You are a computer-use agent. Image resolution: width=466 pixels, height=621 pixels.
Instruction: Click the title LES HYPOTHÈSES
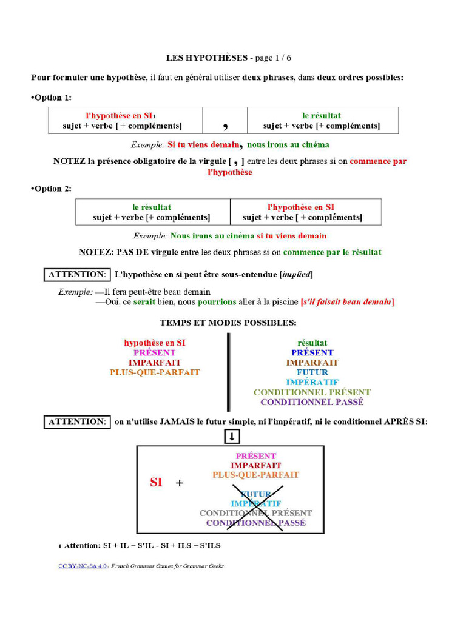pos(207,58)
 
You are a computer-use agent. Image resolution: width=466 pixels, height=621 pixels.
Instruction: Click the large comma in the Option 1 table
pos(225,126)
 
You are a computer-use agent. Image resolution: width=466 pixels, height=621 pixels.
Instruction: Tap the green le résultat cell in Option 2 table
pos(152,207)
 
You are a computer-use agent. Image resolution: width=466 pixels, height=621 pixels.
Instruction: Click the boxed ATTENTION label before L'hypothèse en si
pos(77,275)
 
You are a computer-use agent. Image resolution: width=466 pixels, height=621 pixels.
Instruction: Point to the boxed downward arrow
pos(233,437)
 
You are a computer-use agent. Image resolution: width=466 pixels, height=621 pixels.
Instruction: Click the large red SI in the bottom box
pos(156,483)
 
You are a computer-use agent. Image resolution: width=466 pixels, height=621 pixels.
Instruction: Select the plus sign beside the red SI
pos(179,483)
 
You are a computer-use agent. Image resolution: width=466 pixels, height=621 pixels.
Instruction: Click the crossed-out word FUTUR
pos(255,494)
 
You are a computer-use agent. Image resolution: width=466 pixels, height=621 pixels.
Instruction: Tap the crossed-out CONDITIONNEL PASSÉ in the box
pos(255,523)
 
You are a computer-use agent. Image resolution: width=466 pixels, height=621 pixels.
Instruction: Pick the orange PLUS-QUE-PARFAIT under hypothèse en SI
pos(155,372)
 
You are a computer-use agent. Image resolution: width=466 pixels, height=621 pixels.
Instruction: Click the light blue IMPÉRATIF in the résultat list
pos(312,382)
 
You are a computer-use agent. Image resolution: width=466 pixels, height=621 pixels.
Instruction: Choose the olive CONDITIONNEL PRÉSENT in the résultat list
pos(312,392)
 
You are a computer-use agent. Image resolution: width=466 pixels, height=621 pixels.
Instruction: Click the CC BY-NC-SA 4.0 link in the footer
pos(83,566)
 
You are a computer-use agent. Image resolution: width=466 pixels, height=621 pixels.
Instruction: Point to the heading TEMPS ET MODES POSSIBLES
pos(228,323)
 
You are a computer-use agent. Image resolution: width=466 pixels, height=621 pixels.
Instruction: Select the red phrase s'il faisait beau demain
pos(347,301)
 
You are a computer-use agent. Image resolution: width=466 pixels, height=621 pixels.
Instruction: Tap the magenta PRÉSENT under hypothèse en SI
pos(155,352)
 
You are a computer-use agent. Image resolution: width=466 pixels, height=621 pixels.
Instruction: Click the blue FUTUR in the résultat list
pos(312,372)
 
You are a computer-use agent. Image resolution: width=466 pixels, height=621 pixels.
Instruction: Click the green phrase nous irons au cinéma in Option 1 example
pos(288,145)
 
